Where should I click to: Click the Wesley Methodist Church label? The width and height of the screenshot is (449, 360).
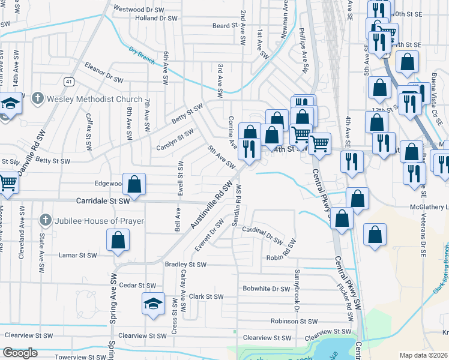pyautogui.click(x=94, y=99)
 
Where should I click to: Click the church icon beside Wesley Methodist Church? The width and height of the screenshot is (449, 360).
pyautogui.click(x=37, y=97)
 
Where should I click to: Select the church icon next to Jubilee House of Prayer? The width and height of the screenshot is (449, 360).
pyautogui.click(x=44, y=220)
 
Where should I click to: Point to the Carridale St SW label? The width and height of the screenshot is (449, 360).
pyautogui.click(x=103, y=202)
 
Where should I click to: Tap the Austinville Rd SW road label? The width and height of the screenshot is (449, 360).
pyautogui.click(x=212, y=206)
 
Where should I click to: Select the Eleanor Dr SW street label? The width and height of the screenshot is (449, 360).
pyautogui.click(x=107, y=73)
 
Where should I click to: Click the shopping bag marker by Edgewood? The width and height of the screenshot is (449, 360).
pyautogui.click(x=135, y=184)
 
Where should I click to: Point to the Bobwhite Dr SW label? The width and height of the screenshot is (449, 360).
pyautogui.click(x=267, y=289)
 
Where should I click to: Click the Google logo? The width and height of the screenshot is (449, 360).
pyautogui.click(x=20, y=353)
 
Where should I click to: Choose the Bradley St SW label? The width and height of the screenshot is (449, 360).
pyautogui.click(x=185, y=264)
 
